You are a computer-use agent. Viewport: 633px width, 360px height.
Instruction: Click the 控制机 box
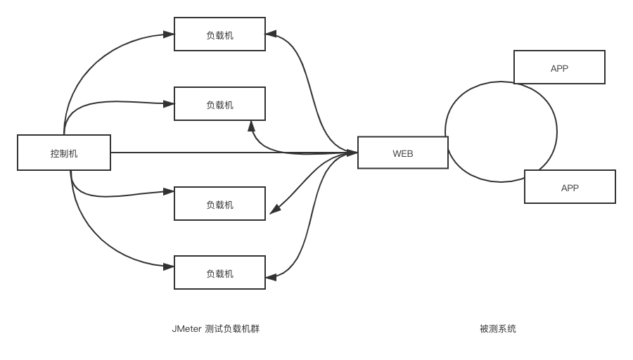pos(64,153)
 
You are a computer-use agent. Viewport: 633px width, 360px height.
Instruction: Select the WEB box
pos(402,153)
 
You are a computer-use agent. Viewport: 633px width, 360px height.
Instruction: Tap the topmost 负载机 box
pos(219,34)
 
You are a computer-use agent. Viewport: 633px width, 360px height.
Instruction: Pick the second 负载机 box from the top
pos(219,104)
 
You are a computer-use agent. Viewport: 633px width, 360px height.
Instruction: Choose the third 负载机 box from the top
pos(219,204)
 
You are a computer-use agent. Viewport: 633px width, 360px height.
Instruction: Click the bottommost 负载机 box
pos(219,273)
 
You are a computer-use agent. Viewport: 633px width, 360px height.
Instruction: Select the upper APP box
pos(559,67)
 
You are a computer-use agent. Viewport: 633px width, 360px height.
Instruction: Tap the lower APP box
pos(570,187)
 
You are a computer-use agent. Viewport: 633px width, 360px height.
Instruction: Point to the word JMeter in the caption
pos(186,328)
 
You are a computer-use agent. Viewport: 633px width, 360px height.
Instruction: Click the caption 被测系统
pos(497,328)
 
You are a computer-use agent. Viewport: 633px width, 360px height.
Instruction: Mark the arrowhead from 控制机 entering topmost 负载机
pos(169,33)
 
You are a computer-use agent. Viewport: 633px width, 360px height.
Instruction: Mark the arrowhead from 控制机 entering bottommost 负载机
pos(169,266)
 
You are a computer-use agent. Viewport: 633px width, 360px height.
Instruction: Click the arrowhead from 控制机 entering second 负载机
pos(169,103)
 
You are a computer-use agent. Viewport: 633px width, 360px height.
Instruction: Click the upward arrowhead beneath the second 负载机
pos(251,125)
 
